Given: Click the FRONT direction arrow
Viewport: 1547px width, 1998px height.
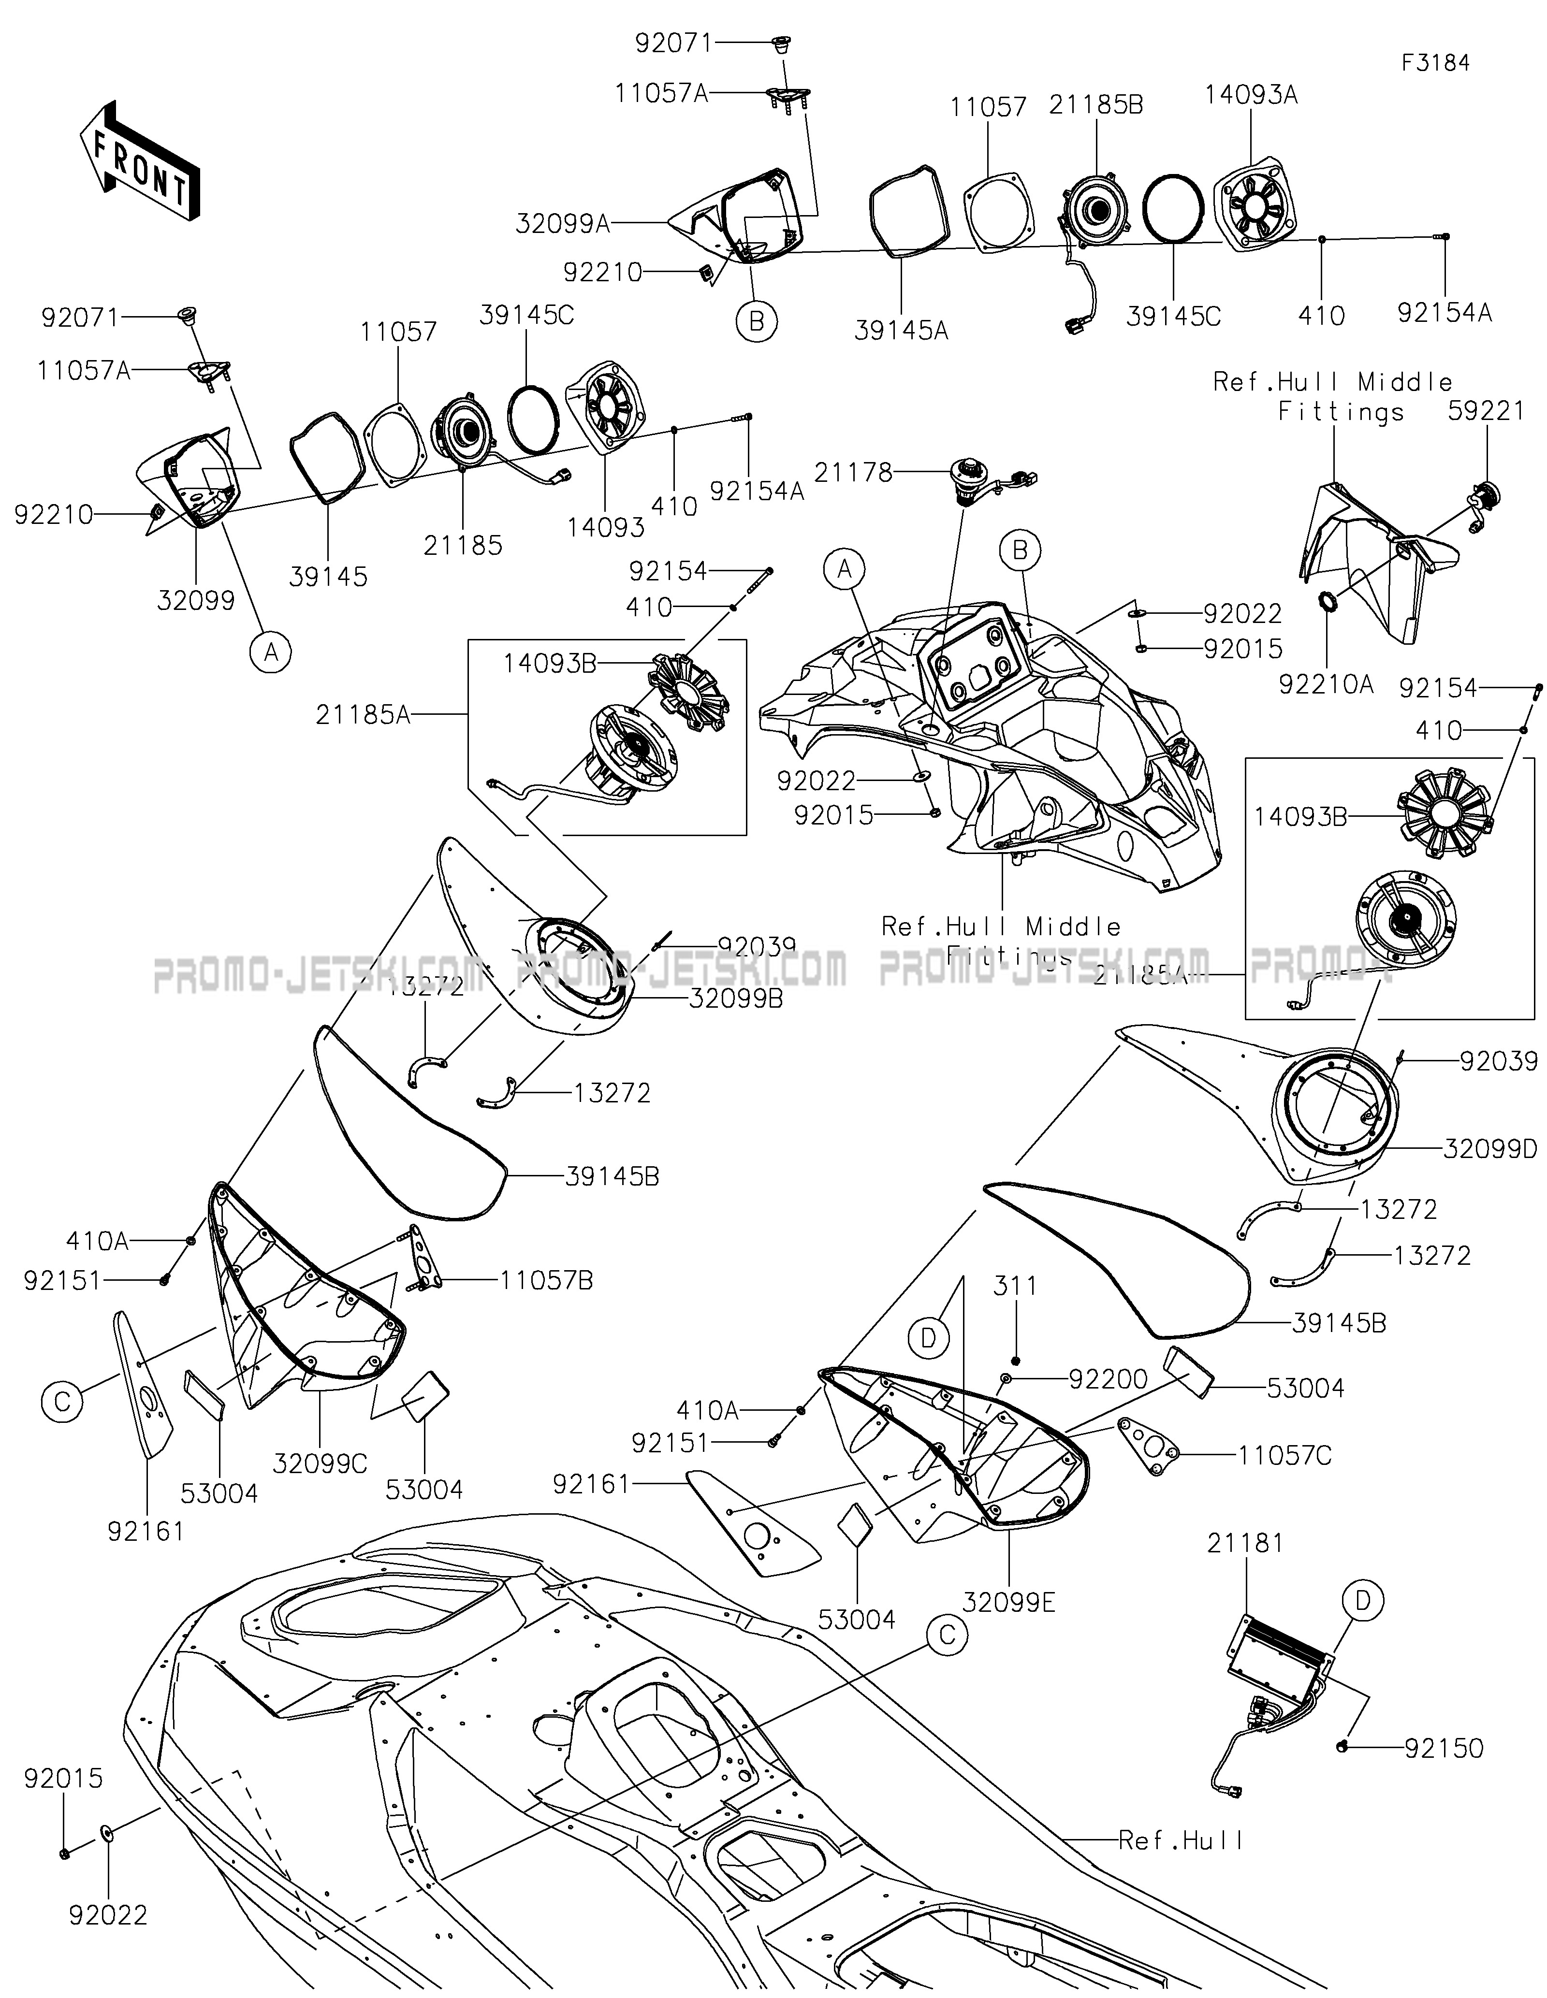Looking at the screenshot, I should tap(140, 160).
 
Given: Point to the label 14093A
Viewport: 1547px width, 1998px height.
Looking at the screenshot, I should tap(1251, 94).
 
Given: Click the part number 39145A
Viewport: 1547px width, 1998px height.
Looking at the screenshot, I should tap(901, 330).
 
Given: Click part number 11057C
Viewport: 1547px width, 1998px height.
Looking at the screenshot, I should tap(1285, 1455).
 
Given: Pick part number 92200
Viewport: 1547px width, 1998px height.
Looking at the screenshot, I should tap(1108, 1379).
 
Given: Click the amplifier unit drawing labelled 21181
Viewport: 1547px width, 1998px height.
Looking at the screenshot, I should tap(1281, 1665).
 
